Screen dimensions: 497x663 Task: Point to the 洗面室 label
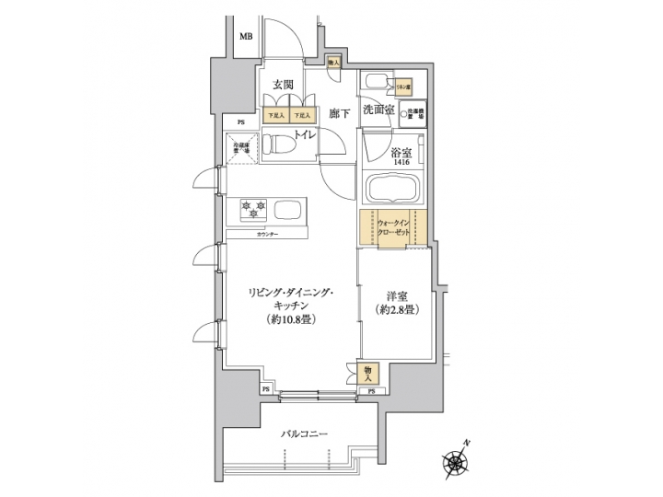click(x=378, y=109)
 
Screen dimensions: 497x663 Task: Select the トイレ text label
click(x=306, y=134)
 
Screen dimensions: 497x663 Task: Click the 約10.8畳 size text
click(x=288, y=320)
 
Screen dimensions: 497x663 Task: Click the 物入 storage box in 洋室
click(x=366, y=372)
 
